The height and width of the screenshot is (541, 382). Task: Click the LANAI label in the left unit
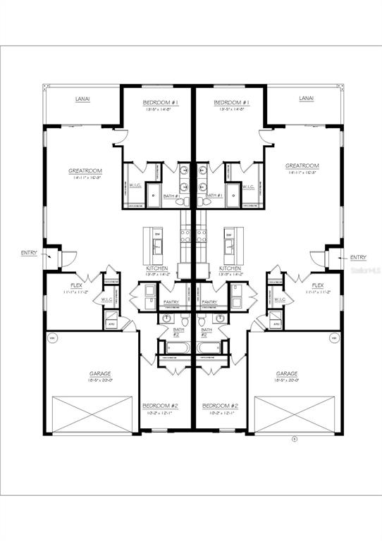[82, 99]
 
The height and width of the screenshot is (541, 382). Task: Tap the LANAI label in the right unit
[306, 99]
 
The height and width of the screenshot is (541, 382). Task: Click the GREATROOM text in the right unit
[302, 167]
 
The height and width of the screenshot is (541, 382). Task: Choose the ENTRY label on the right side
[358, 258]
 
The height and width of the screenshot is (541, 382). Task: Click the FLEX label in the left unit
[75, 285]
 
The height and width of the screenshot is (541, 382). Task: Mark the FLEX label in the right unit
[318, 285]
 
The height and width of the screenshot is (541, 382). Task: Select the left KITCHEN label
[157, 268]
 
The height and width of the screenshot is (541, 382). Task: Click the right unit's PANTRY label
[209, 303]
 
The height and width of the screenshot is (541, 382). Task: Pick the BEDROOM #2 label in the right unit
[220, 406]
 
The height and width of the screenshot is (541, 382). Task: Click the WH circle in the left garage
[51, 338]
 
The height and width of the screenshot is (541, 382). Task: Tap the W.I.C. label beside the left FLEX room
[107, 299]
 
